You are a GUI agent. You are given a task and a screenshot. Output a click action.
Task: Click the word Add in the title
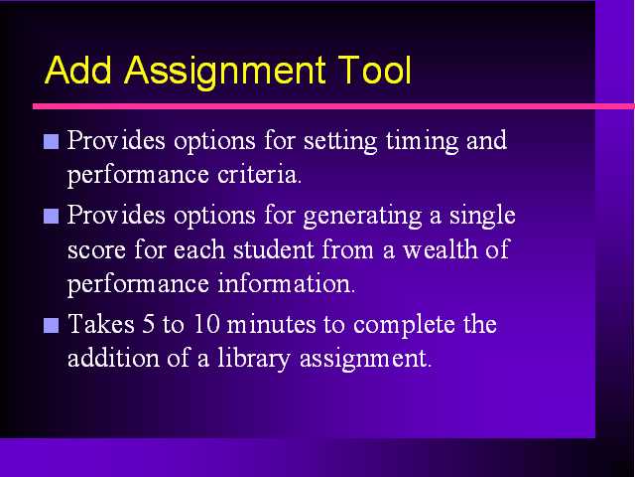[x=77, y=70]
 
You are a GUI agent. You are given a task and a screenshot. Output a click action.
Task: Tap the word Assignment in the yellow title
[x=225, y=73]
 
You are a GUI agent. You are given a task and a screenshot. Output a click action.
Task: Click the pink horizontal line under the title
[x=333, y=106]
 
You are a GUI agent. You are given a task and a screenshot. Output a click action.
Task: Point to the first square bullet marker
[x=51, y=141]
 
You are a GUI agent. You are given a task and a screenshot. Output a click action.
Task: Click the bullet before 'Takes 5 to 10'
[x=51, y=325]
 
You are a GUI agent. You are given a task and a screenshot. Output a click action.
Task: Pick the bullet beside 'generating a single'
[x=51, y=217]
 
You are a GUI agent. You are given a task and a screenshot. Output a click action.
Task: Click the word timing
[x=422, y=142]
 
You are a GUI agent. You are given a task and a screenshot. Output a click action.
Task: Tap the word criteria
[x=259, y=175]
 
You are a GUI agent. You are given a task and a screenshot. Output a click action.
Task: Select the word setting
[x=340, y=142]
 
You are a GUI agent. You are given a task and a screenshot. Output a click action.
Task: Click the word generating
[x=362, y=217]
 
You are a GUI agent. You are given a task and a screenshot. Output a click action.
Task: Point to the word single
[x=482, y=216]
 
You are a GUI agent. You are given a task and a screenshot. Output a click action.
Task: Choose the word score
[x=96, y=250]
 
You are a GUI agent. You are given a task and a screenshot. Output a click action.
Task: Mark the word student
[x=274, y=249]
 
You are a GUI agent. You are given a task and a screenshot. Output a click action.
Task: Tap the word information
[x=287, y=283]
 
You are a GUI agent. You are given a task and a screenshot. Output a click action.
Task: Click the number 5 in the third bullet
[x=148, y=325]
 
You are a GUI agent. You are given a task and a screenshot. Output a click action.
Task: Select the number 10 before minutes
[x=207, y=325]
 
